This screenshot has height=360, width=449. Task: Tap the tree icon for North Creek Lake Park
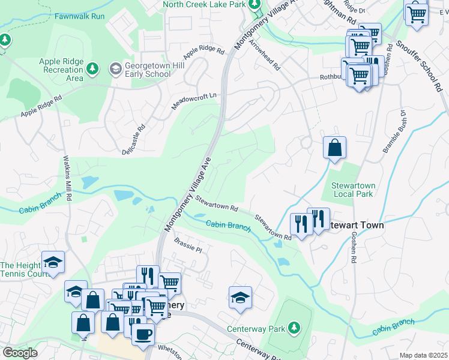pyautogui.click(x=255, y=5)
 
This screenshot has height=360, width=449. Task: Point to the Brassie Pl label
pyautogui.click(x=188, y=245)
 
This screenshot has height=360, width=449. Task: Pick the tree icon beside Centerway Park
pyautogui.click(x=294, y=328)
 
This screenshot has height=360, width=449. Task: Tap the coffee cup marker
pyautogui.click(x=143, y=334)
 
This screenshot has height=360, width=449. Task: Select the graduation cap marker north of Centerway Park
pyautogui.click(x=240, y=297)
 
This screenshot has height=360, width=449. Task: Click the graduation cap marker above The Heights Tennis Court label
pyautogui.click(x=53, y=262)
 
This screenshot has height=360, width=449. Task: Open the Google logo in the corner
pyautogui.click(x=20, y=353)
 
